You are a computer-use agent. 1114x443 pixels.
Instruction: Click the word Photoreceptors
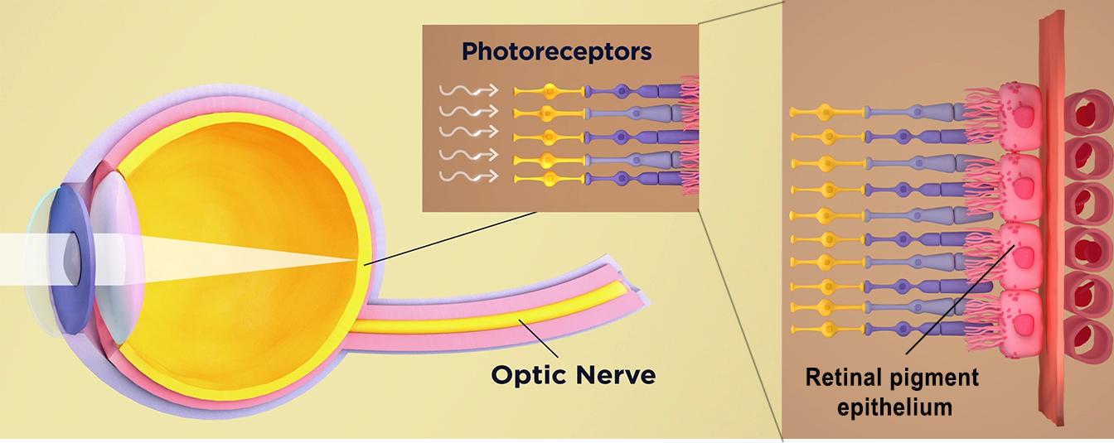pos(556,52)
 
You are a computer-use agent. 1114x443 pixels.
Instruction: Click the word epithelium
pos(894,407)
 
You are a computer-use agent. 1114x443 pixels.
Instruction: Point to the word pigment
pos(937,378)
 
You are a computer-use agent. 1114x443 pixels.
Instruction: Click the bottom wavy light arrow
pos(468,176)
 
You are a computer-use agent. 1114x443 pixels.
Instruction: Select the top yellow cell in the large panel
pos(824,109)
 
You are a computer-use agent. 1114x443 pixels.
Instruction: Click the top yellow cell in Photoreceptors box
pos(547,90)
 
